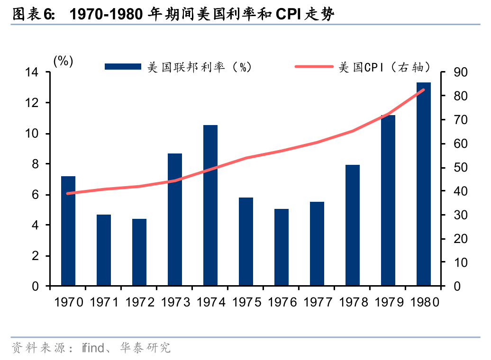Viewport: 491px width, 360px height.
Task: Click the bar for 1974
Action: coord(210,206)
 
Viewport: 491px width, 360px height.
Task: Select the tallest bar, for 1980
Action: coord(423,184)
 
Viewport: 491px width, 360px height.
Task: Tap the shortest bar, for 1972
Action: coord(139,252)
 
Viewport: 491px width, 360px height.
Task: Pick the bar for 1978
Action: coord(353,225)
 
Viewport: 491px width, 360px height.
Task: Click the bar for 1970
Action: coord(68,231)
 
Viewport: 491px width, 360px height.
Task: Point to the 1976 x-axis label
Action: coord(282,302)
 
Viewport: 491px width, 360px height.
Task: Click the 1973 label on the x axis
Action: coord(175,302)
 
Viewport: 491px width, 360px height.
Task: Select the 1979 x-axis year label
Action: coord(389,302)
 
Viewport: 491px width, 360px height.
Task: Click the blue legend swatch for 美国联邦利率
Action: coord(123,67)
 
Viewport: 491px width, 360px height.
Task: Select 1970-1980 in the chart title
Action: coord(106,15)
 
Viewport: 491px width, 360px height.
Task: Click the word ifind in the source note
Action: coord(91,348)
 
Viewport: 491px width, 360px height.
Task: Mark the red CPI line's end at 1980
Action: coord(423,90)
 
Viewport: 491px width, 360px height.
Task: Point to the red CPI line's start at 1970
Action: coord(68,193)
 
